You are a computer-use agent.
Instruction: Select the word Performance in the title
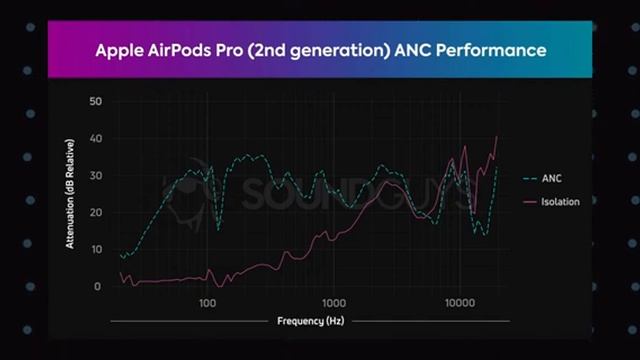496,48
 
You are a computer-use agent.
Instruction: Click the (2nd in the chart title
278,48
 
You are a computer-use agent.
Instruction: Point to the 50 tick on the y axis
95,102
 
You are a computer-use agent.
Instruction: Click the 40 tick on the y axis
95,139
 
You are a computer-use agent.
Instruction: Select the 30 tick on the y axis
95,176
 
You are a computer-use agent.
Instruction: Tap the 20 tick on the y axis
95,213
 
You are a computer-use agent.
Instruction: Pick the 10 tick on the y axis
95,250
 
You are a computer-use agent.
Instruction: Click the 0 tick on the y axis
98,287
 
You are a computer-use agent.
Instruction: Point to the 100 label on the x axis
207,301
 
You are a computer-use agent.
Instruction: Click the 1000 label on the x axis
334,301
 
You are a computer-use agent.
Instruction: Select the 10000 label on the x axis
460,301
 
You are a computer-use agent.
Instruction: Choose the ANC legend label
552,178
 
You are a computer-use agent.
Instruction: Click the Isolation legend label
560,203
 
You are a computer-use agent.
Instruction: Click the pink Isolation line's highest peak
496,137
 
